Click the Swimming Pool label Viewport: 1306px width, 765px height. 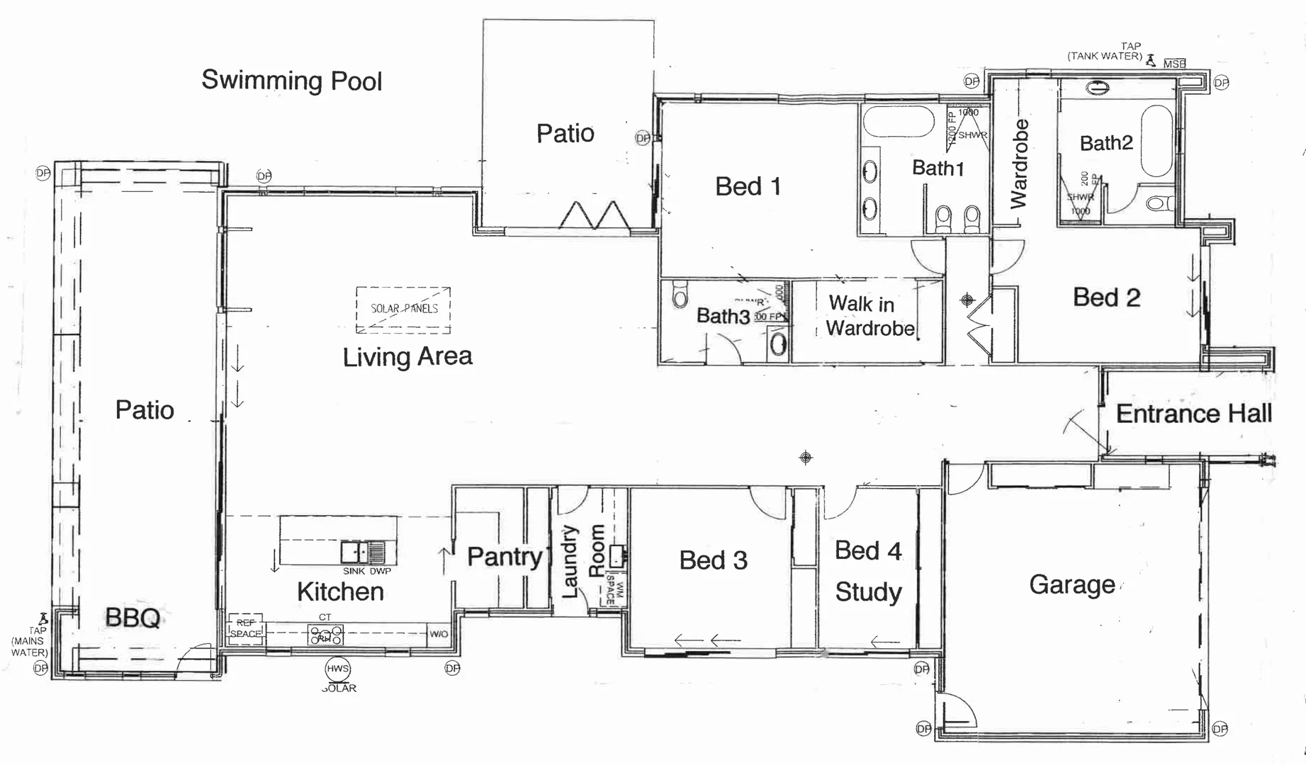click(x=291, y=80)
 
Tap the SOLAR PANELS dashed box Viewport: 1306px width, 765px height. click(x=403, y=310)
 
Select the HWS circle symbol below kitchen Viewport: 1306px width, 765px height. click(x=338, y=668)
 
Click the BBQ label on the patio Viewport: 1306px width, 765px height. click(x=133, y=618)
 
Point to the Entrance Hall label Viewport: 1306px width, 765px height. click(x=1193, y=414)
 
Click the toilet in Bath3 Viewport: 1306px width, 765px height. click(x=680, y=296)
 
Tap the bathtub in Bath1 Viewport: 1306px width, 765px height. click(x=899, y=122)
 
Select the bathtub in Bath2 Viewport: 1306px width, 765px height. click(x=1156, y=141)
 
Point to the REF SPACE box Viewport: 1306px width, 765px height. click(x=246, y=629)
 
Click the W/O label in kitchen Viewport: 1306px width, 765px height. click(x=439, y=634)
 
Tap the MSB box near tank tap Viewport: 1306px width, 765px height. click(x=1174, y=64)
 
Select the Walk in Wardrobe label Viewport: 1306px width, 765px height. click(x=869, y=316)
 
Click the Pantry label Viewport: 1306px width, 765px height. click(x=505, y=557)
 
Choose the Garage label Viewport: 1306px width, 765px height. click(x=1071, y=584)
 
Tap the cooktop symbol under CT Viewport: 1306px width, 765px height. click(x=325, y=634)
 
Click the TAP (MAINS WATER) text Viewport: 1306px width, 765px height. click(x=30, y=641)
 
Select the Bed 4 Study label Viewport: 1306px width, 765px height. click(x=868, y=571)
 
